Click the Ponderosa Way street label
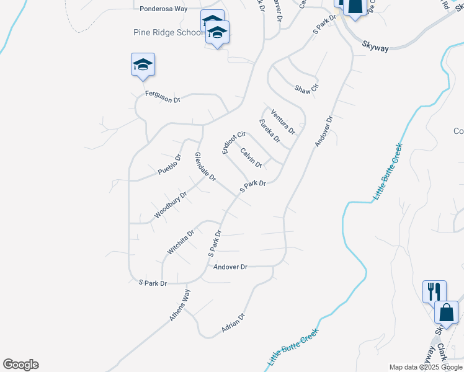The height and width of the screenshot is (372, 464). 164,9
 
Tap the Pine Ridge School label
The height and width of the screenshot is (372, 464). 169,32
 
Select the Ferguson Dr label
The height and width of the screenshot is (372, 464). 163,96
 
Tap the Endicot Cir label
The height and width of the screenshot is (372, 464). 234,143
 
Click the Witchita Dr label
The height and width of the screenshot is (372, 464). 181,242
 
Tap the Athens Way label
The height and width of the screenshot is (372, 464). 181,305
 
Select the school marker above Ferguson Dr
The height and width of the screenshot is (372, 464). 143,64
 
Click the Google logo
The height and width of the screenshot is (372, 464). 20,365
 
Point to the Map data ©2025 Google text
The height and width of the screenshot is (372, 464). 426,367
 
